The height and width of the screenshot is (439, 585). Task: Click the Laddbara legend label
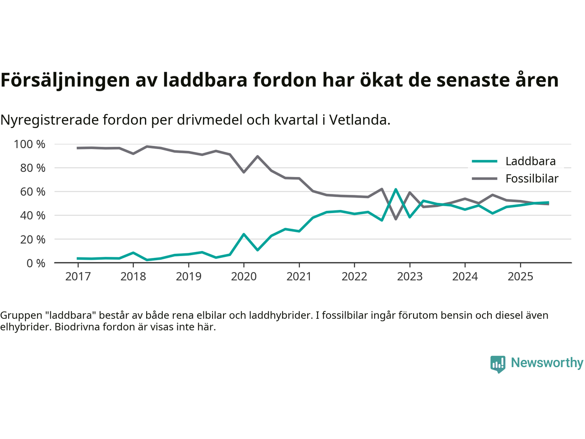click(x=530, y=161)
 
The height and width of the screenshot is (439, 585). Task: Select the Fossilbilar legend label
click(x=532, y=178)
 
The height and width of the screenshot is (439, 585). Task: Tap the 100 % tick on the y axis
click(x=30, y=145)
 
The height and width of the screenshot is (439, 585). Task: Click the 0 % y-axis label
click(x=36, y=263)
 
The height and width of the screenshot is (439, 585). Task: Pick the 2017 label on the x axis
click(x=78, y=276)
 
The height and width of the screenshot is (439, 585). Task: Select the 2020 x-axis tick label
click(x=244, y=276)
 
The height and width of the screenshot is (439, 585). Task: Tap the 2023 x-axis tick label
click(x=409, y=276)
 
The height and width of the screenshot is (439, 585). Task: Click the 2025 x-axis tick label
click(x=520, y=276)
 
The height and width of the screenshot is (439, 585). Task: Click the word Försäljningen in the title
click(x=65, y=80)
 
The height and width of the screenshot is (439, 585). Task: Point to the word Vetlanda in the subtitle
click(x=360, y=120)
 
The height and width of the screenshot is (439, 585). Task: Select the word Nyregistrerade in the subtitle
click(x=49, y=120)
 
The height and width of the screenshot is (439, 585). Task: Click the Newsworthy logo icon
click(x=498, y=364)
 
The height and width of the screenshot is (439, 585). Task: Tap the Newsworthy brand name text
click(x=547, y=363)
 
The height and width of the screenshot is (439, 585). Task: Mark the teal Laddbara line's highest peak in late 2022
click(x=396, y=189)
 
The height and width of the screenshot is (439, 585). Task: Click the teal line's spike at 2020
click(x=244, y=234)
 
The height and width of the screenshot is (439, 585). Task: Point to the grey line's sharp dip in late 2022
click(x=396, y=219)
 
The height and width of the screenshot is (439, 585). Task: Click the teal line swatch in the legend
click(x=484, y=161)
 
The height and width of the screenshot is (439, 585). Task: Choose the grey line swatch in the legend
click(x=484, y=178)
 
